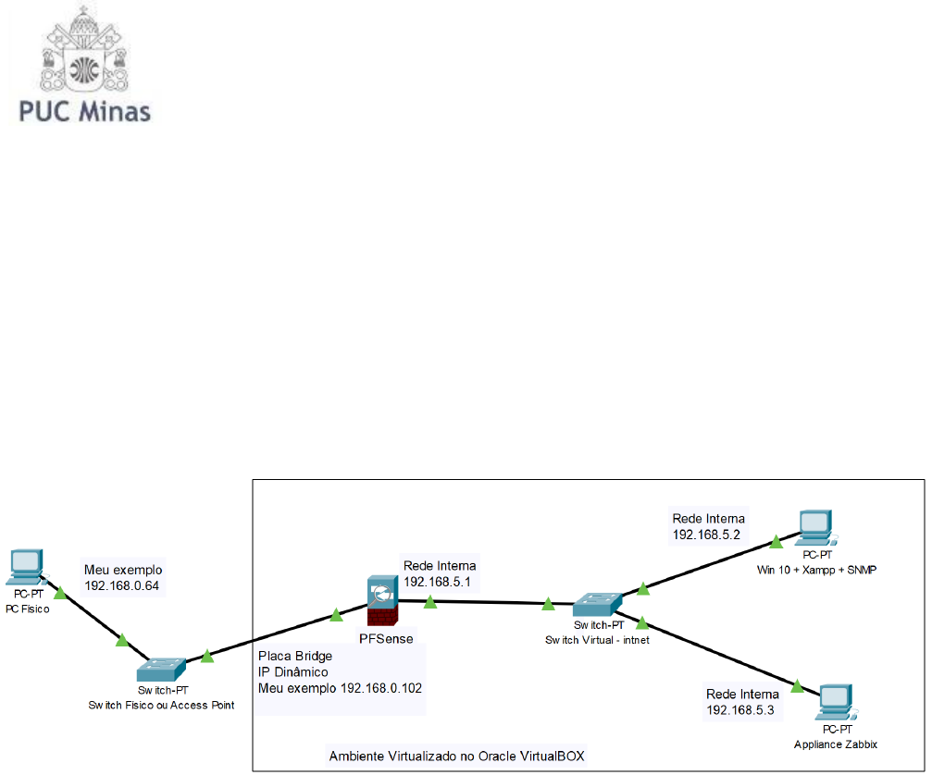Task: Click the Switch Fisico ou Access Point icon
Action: [x=161, y=668]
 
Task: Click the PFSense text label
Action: [x=385, y=635]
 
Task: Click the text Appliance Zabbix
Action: [x=836, y=744]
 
